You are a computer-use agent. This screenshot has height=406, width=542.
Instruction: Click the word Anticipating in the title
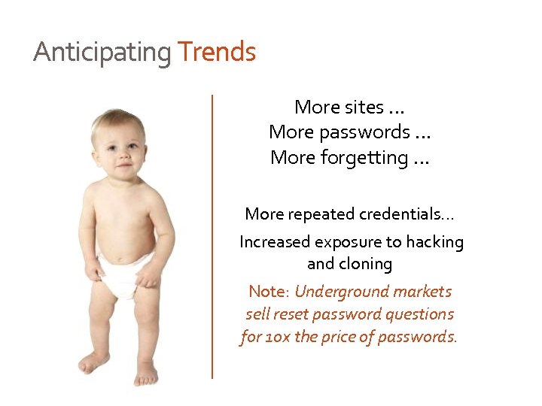102,53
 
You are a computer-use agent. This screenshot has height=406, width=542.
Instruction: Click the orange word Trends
217,53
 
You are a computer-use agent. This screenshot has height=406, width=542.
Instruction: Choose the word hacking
435,242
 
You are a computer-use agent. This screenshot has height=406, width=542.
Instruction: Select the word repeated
310,214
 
